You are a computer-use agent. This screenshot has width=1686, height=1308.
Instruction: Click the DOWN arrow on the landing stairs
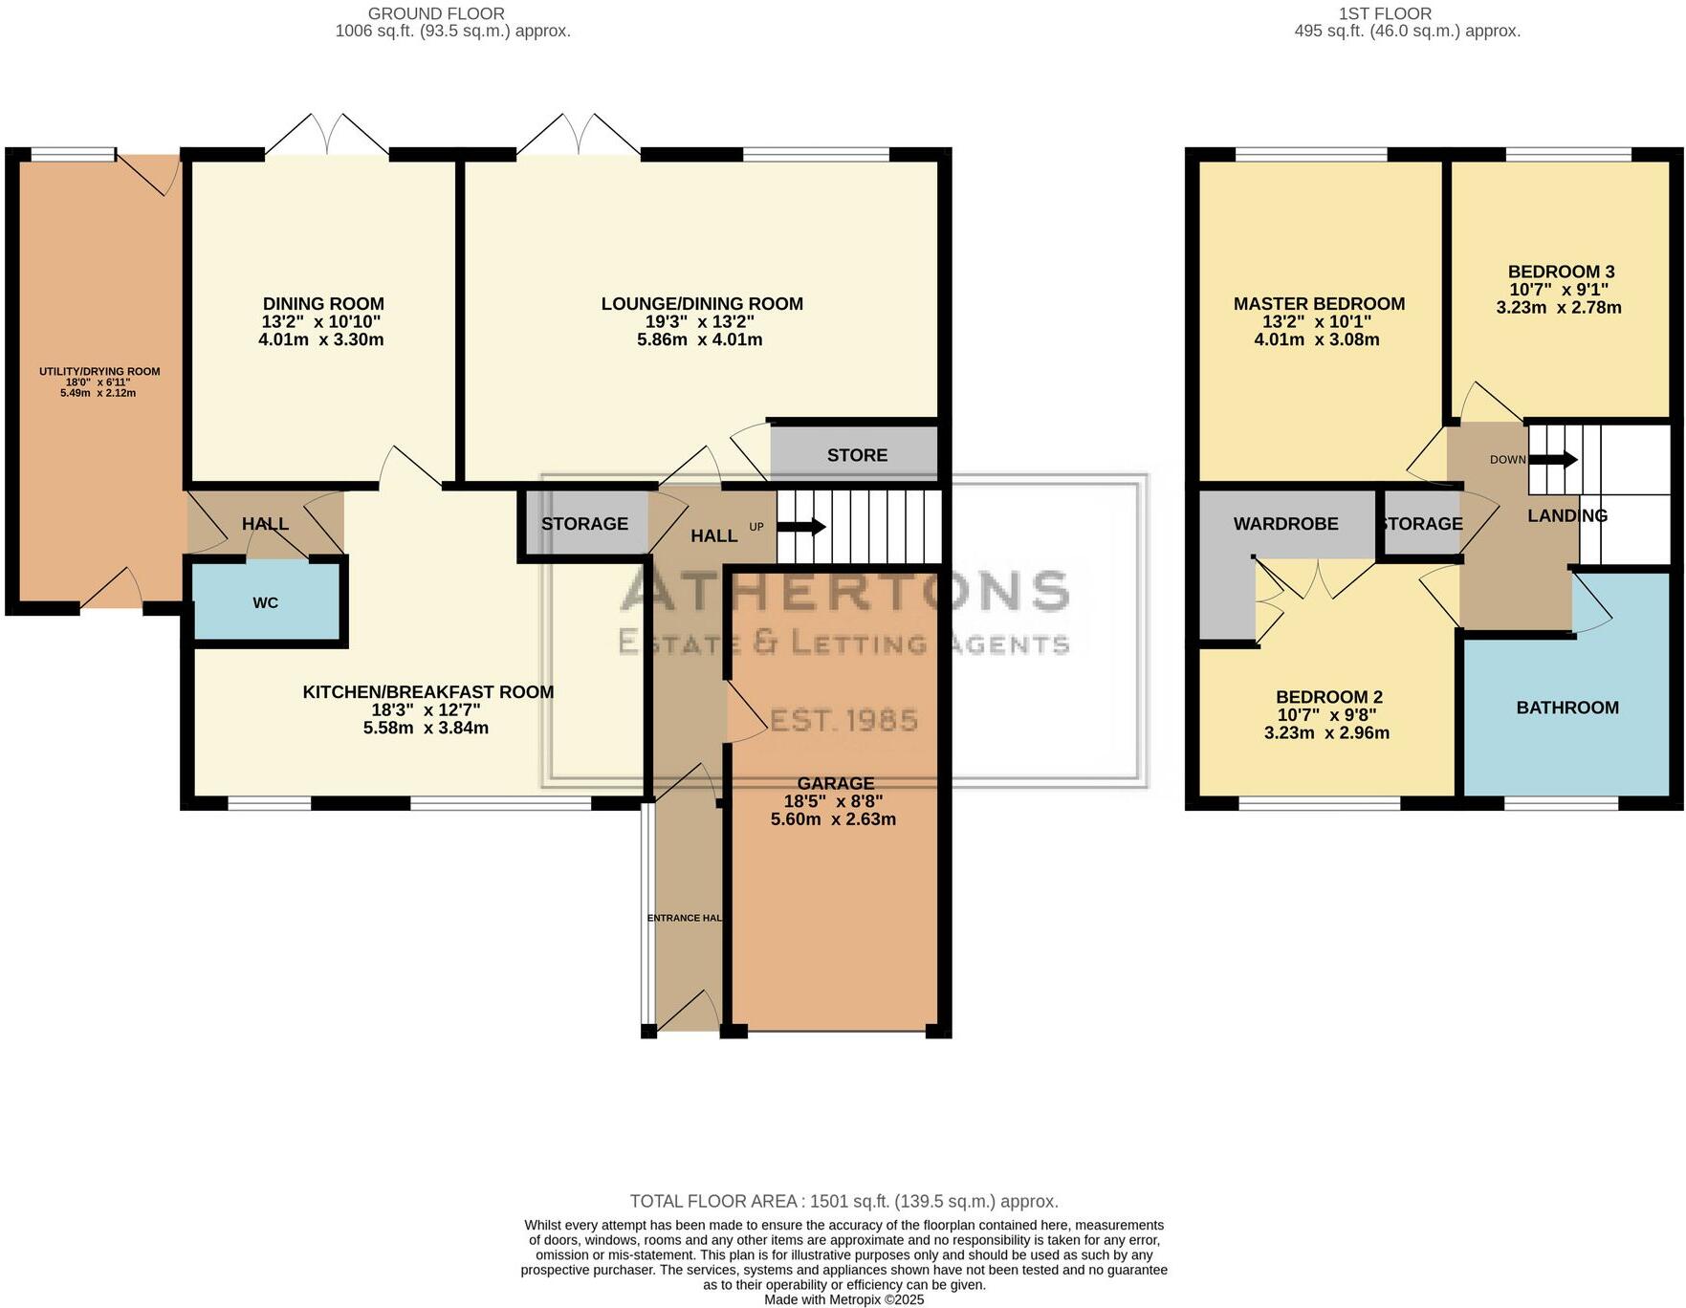[x=1553, y=460]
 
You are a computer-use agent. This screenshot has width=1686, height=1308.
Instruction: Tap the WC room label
[x=265, y=602]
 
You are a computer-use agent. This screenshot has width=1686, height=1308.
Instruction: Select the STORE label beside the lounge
[x=857, y=455]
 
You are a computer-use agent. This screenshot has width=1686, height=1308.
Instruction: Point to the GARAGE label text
[x=835, y=783]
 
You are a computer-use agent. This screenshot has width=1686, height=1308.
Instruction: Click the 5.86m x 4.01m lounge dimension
[x=699, y=339]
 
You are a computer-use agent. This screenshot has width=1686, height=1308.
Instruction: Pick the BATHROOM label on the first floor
[x=1566, y=708]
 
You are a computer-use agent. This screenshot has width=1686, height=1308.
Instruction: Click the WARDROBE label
[x=1285, y=524]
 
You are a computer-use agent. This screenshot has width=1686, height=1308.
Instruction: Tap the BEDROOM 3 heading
[x=1561, y=272]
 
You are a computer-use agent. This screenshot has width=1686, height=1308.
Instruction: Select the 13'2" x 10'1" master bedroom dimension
[x=1316, y=322]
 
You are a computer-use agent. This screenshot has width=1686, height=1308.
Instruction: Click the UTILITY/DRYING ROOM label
[x=99, y=371]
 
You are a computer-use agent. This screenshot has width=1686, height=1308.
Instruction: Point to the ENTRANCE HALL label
[x=685, y=918]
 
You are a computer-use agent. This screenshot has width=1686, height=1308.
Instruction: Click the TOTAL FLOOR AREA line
[x=843, y=1201]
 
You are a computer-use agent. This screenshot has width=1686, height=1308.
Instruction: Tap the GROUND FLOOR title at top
[x=436, y=13]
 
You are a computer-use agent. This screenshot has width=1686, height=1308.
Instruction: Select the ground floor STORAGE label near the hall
[x=584, y=524]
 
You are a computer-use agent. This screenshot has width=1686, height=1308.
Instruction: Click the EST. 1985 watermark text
[x=843, y=720]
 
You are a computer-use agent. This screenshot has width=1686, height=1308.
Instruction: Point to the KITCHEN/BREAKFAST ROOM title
[x=427, y=692]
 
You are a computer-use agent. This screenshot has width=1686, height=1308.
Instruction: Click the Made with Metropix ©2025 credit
[x=843, y=1299]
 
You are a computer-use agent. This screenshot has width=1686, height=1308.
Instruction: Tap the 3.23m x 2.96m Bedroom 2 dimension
[x=1326, y=733]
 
